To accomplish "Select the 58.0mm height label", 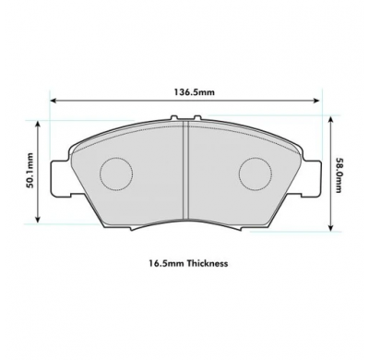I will point(340,174).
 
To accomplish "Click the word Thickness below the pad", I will point(205,263).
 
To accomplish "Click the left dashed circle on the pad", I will point(116,173).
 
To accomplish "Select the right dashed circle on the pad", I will point(256,173).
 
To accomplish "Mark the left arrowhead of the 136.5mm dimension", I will point(54,102).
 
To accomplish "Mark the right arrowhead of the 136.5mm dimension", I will point(318,102).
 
